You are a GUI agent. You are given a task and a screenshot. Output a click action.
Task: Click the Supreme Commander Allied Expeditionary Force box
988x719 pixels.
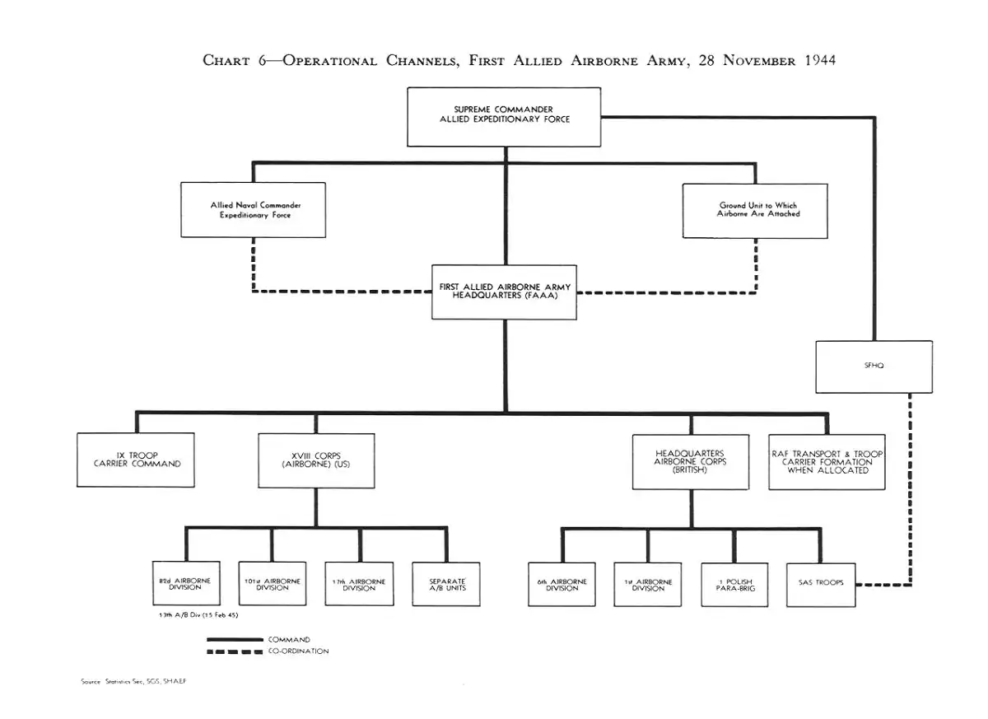pyautogui.click(x=504, y=116)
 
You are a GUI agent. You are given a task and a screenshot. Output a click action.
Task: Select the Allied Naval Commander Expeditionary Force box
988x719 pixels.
pyautogui.click(x=254, y=210)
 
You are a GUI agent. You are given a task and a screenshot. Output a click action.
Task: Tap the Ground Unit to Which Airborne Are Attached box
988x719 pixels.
pyautogui.click(x=755, y=211)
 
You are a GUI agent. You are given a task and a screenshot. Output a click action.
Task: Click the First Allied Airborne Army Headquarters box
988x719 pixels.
pyautogui.click(x=504, y=292)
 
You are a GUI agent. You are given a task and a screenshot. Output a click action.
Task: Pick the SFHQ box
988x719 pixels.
pyautogui.click(x=874, y=367)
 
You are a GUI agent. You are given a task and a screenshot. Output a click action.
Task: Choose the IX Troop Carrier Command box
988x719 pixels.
pyautogui.click(x=137, y=460)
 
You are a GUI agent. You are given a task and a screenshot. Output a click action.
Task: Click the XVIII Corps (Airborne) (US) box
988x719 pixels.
pyautogui.click(x=316, y=460)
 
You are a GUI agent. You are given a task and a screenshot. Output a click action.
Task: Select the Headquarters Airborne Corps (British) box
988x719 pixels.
pyautogui.click(x=691, y=461)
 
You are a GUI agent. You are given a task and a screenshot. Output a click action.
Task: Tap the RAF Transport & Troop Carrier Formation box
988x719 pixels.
pyautogui.click(x=827, y=462)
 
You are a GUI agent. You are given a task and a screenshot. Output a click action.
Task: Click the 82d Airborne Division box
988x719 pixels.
pyautogui.click(x=185, y=584)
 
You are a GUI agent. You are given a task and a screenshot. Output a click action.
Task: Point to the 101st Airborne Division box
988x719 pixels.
pyautogui.click(x=272, y=584)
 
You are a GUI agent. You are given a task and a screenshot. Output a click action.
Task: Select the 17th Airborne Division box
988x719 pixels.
pyautogui.click(x=359, y=584)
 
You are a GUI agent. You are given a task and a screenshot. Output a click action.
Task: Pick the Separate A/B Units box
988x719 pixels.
pyautogui.click(x=446, y=584)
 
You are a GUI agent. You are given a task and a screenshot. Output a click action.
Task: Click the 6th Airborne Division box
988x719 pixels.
pyautogui.click(x=562, y=584)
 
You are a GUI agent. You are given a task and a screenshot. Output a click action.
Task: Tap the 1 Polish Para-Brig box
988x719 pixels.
pyautogui.click(x=734, y=584)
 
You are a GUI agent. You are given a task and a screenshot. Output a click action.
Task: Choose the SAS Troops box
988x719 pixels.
pyautogui.click(x=821, y=584)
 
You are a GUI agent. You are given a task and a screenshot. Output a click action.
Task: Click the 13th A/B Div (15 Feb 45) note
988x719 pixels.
pyautogui.click(x=198, y=615)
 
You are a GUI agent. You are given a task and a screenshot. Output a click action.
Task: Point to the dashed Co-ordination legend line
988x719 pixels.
pyautogui.click(x=235, y=651)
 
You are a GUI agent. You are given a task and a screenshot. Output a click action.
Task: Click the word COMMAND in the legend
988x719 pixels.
pyautogui.click(x=289, y=639)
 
